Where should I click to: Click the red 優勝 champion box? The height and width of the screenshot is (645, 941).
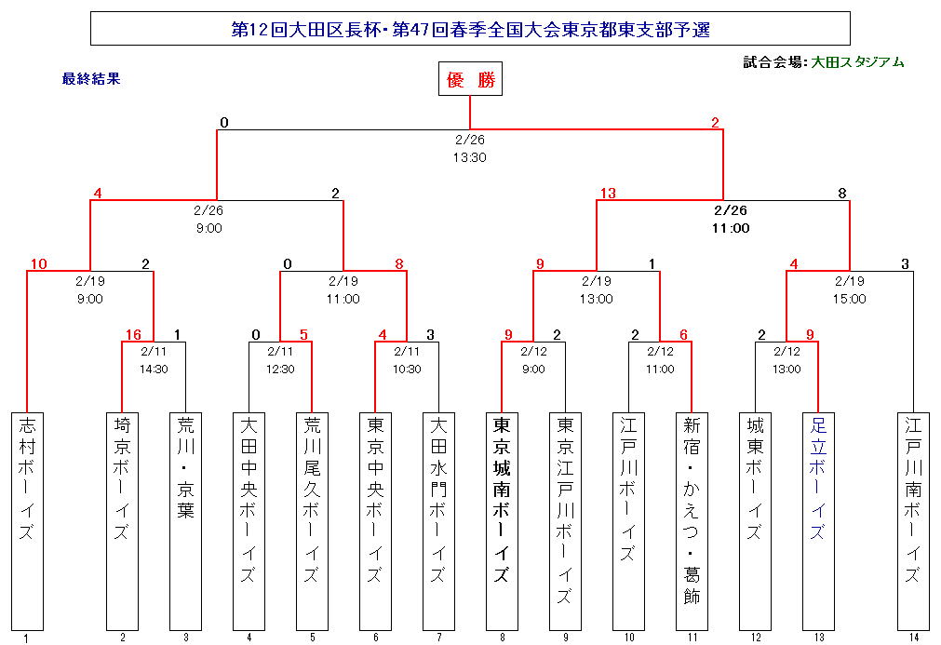470,80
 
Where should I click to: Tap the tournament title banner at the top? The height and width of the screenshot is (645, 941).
470,29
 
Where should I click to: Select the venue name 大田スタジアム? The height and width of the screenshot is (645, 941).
857,62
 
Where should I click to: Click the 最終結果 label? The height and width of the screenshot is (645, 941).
91,79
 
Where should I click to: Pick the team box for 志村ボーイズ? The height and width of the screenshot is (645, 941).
27,518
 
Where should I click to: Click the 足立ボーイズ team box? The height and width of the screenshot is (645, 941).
818,518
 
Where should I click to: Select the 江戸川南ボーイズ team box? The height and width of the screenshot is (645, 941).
913,518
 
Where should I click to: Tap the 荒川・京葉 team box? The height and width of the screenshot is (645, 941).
185,518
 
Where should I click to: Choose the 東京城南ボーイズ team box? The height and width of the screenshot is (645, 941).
502,518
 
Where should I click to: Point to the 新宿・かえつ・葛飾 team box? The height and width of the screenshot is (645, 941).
692,518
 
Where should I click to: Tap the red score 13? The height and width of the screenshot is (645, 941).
608,194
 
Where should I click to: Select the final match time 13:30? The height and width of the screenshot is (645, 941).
470,157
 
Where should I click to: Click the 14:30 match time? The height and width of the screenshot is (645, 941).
154,370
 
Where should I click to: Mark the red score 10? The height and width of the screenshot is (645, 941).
38,263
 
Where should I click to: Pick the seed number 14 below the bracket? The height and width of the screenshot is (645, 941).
913,638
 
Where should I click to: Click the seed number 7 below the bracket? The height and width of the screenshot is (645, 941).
438,638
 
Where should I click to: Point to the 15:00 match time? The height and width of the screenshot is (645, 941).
849,299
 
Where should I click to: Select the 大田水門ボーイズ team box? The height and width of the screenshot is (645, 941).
438,518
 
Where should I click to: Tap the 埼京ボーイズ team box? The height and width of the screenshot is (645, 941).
122,518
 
